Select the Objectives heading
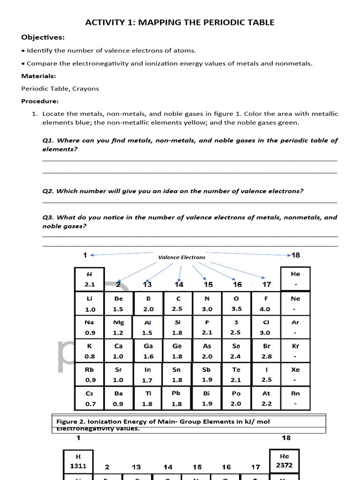click(43, 37)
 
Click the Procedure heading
click(40, 101)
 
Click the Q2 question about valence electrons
click(172, 191)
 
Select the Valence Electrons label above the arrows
click(181, 257)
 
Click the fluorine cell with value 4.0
click(266, 304)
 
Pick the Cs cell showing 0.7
click(90, 398)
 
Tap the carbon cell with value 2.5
click(177, 304)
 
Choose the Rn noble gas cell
click(295, 398)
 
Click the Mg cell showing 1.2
click(119, 327)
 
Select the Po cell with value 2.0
click(236, 398)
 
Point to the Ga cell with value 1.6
click(148, 351)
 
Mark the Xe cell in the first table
click(295, 375)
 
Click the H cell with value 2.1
click(90, 279)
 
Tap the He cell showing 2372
click(284, 461)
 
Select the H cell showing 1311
click(78, 461)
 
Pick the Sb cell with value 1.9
click(207, 375)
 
